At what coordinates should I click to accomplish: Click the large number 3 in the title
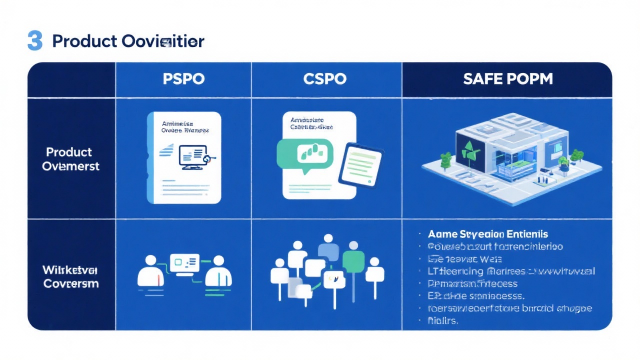[34, 40]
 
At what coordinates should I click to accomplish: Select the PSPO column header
[183, 79]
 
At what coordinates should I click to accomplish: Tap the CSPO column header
[325, 79]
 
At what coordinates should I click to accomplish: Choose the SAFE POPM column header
[507, 79]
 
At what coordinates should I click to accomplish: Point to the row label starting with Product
[70, 158]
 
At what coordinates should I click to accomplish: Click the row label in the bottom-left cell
[70, 276]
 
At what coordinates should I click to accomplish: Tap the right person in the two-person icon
[218, 273]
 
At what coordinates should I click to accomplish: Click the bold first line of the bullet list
[487, 234]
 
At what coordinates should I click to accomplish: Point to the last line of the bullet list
[443, 321]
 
